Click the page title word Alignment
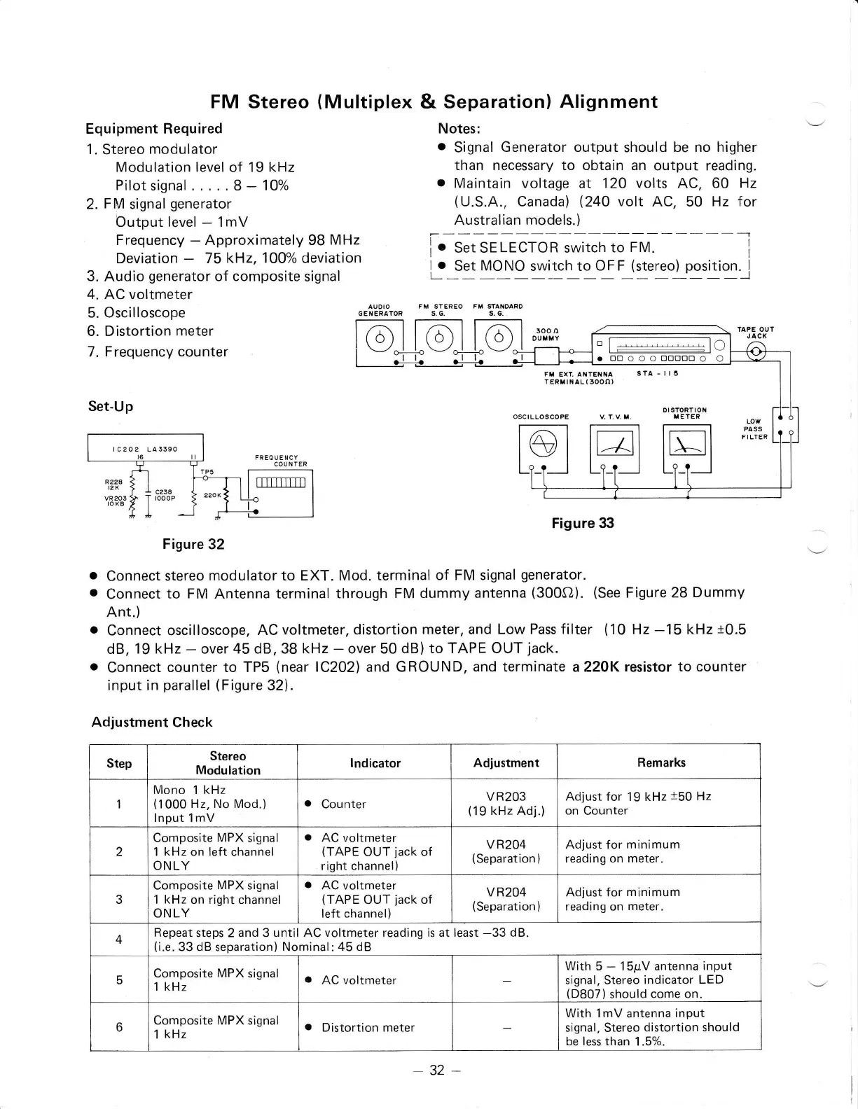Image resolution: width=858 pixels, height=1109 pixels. coord(608,102)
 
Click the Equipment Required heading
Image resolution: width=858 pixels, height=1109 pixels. coord(154,129)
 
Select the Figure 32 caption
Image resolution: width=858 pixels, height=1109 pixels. coord(193,544)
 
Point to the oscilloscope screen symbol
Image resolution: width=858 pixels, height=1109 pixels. coord(544,442)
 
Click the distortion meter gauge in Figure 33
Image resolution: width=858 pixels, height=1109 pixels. coord(686,442)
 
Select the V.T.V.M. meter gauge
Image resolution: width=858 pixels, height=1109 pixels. coord(615,442)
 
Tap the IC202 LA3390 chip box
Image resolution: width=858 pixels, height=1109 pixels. coord(145,448)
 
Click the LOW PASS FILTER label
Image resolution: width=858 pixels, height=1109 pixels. coord(754,429)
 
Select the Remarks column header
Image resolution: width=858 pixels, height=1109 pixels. coord(660,762)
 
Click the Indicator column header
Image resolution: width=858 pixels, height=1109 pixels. coord(375,763)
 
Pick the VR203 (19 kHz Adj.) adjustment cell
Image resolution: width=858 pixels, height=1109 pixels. coord(506,804)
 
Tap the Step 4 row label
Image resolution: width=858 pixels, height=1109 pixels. coord(119,940)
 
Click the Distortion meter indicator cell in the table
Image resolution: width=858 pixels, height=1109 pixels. coord(368,1028)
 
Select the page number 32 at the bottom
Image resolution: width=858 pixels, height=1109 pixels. coord(437,1070)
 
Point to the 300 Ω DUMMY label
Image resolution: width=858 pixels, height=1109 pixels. coord(546,334)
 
